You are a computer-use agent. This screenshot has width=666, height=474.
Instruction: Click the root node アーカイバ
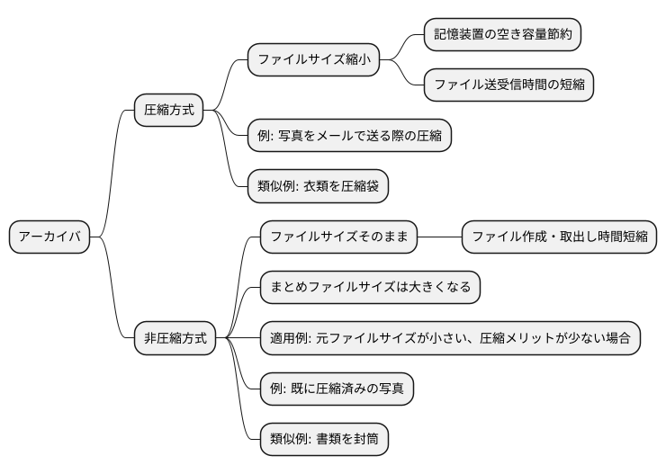(49, 237)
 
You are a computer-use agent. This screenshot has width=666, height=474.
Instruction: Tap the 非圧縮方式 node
(175, 338)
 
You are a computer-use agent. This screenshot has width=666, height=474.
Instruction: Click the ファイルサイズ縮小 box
(313, 60)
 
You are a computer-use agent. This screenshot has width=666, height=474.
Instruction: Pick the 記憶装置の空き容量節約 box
(502, 34)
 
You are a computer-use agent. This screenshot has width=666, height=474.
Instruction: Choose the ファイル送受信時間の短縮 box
(508, 85)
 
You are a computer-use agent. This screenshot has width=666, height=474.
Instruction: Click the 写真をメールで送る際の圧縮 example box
(349, 136)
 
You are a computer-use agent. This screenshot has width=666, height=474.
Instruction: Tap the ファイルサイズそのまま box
(338, 237)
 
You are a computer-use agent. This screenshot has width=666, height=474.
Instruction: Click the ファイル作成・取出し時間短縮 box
(559, 237)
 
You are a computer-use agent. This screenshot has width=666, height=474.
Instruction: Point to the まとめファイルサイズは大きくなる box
(370, 288)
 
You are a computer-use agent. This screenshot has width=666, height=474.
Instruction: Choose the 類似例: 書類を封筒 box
(323, 439)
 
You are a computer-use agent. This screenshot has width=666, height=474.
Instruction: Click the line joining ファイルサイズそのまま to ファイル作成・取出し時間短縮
(439, 237)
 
